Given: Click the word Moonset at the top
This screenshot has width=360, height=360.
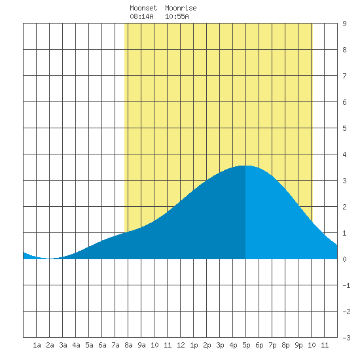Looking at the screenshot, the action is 143,8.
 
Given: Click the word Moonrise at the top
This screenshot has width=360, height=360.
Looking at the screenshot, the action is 181,8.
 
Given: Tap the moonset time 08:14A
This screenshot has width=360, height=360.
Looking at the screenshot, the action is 141,16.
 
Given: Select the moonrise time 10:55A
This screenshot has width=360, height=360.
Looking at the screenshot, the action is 177,16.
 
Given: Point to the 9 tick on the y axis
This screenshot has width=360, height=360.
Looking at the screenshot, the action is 344,24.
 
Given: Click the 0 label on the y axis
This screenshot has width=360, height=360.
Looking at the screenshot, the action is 344,259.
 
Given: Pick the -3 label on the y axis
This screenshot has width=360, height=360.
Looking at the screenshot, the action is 346,338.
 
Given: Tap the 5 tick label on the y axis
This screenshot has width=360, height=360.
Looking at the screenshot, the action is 344,128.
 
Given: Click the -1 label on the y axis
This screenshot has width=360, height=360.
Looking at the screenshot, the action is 346,285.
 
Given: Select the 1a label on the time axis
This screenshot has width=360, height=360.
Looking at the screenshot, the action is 37,345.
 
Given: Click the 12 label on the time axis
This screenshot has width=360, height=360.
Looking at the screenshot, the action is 181,345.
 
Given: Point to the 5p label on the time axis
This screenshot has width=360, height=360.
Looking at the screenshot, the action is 246,345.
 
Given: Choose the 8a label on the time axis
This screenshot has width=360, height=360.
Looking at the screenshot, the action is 128,345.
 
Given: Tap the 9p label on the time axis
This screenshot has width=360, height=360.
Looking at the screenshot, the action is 298,345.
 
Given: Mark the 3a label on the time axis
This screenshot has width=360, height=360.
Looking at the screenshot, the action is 63,345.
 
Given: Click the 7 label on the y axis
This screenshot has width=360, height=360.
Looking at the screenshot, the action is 344,76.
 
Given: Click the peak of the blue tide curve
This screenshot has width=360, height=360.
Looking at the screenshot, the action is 245,166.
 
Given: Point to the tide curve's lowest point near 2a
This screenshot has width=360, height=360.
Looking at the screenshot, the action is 49,259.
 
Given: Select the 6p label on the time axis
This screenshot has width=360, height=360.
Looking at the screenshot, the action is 259,345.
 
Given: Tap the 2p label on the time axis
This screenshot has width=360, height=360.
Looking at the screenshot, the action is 207,345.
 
